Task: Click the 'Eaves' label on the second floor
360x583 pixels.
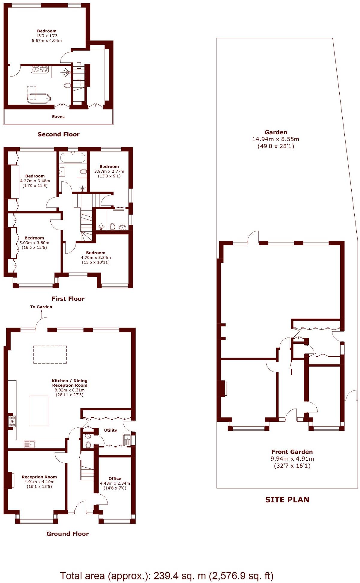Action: tap(58, 117)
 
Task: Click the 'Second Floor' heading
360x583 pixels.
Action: tap(58, 134)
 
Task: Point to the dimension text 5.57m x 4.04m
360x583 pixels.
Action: tap(47, 40)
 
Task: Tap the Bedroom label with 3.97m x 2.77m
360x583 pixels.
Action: tap(109, 166)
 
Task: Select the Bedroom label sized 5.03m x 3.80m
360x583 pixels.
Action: tap(34, 238)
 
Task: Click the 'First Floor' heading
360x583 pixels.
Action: tap(68, 299)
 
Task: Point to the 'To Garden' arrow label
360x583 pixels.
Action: tap(41, 307)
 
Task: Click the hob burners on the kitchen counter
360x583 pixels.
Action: tap(12, 421)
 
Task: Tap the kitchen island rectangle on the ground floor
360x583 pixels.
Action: tap(39, 411)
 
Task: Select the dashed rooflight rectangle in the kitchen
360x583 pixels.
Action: tap(50, 355)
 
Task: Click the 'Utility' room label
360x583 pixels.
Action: tap(110, 430)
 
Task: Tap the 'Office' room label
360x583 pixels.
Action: tap(115, 478)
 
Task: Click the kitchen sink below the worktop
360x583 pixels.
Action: tap(29, 444)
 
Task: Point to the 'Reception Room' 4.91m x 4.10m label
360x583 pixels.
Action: tap(39, 477)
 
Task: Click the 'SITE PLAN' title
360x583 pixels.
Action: tap(287, 500)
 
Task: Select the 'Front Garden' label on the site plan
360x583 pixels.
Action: tap(292, 452)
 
